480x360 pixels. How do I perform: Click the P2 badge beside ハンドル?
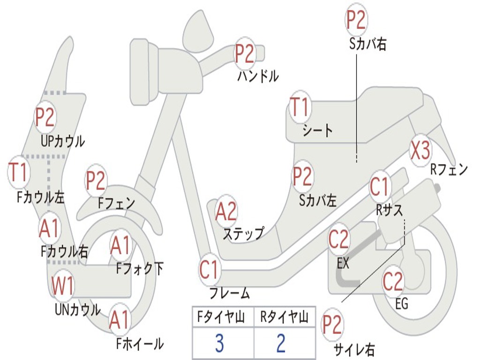(244, 53)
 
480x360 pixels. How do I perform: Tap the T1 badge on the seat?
(300, 107)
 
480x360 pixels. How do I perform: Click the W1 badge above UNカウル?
(62, 285)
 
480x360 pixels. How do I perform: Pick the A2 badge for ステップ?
(226, 211)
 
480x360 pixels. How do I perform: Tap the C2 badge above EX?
(338, 240)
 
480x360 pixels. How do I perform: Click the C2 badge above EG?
(393, 281)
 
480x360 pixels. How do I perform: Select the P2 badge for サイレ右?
(332, 325)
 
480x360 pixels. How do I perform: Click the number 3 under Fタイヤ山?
(219, 344)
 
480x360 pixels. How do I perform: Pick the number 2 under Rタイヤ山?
(281, 344)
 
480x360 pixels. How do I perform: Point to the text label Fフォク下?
(140, 269)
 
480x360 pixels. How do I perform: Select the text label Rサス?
(390, 210)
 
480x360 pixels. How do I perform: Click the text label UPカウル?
(63, 141)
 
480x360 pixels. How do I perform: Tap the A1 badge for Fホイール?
(120, 321)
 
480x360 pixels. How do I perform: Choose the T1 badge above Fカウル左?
(19, 172)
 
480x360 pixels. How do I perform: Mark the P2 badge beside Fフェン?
(96, 180)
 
